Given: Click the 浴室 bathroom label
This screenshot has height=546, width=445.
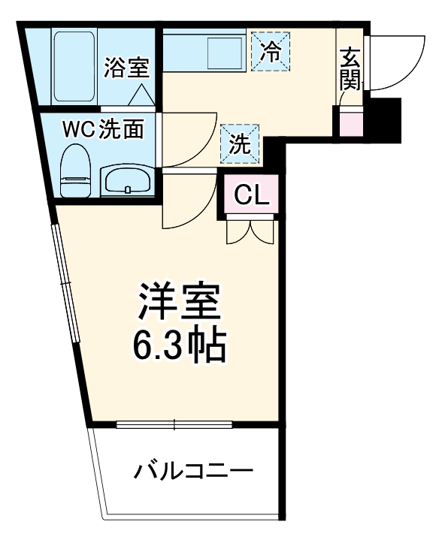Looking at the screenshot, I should (x=127, y=68).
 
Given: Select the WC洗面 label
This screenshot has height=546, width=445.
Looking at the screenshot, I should (x=103, y=129).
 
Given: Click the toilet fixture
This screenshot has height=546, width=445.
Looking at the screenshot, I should (x=74, y=170).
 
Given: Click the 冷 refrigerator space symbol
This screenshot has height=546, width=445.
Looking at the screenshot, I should (x=269, y=51).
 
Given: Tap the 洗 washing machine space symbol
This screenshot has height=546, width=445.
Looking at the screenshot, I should (x=240, y=143).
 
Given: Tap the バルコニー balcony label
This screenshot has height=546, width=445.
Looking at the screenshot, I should (x=193, y=472).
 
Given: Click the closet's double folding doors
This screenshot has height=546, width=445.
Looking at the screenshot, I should (x=250, y=231).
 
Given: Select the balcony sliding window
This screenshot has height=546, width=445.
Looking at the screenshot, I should (x=174, y=425).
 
